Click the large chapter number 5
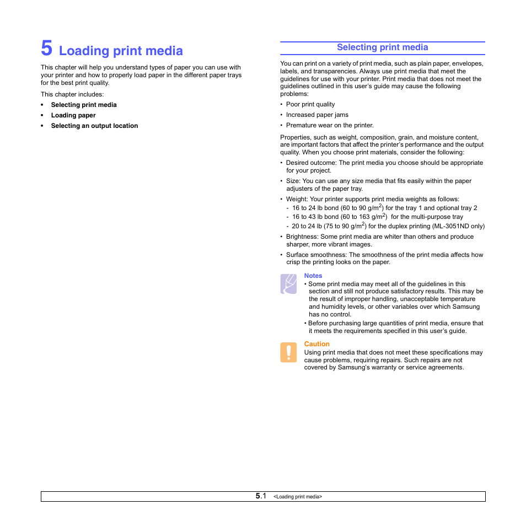pyautogui.click(x=47, y=49)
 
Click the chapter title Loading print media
pyautogui.click(x=121, y=51)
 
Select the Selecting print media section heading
pyautogui.click(x=382, y=47)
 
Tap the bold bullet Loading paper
pyautogui.click(x=73, y=115)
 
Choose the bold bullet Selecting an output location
pyautogui.click(x=94, y=126)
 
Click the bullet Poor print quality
pyautogui.click(x=310, y=104)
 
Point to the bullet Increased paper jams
pyautogui.click(x=317, y=115)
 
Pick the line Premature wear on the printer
pyautogui.click(x=329, y=125)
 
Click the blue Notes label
pyautogui.click(x=313, y=276)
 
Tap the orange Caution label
pyautogui.click(x=317, y=344)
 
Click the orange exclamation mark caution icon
pyautogui.click(x=288, y=352)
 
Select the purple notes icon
pyautogui.click(x=288, y=283)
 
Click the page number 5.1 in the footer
pyautogui.click(x=261, y=496)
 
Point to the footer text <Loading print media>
pyautogui.click(x=298, y=497)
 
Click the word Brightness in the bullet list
pyautogui.click(x=302, y=237)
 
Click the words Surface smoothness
pyautogui.click(x=316, y=255)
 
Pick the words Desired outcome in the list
pyautogui.click(x=310, y=163)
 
